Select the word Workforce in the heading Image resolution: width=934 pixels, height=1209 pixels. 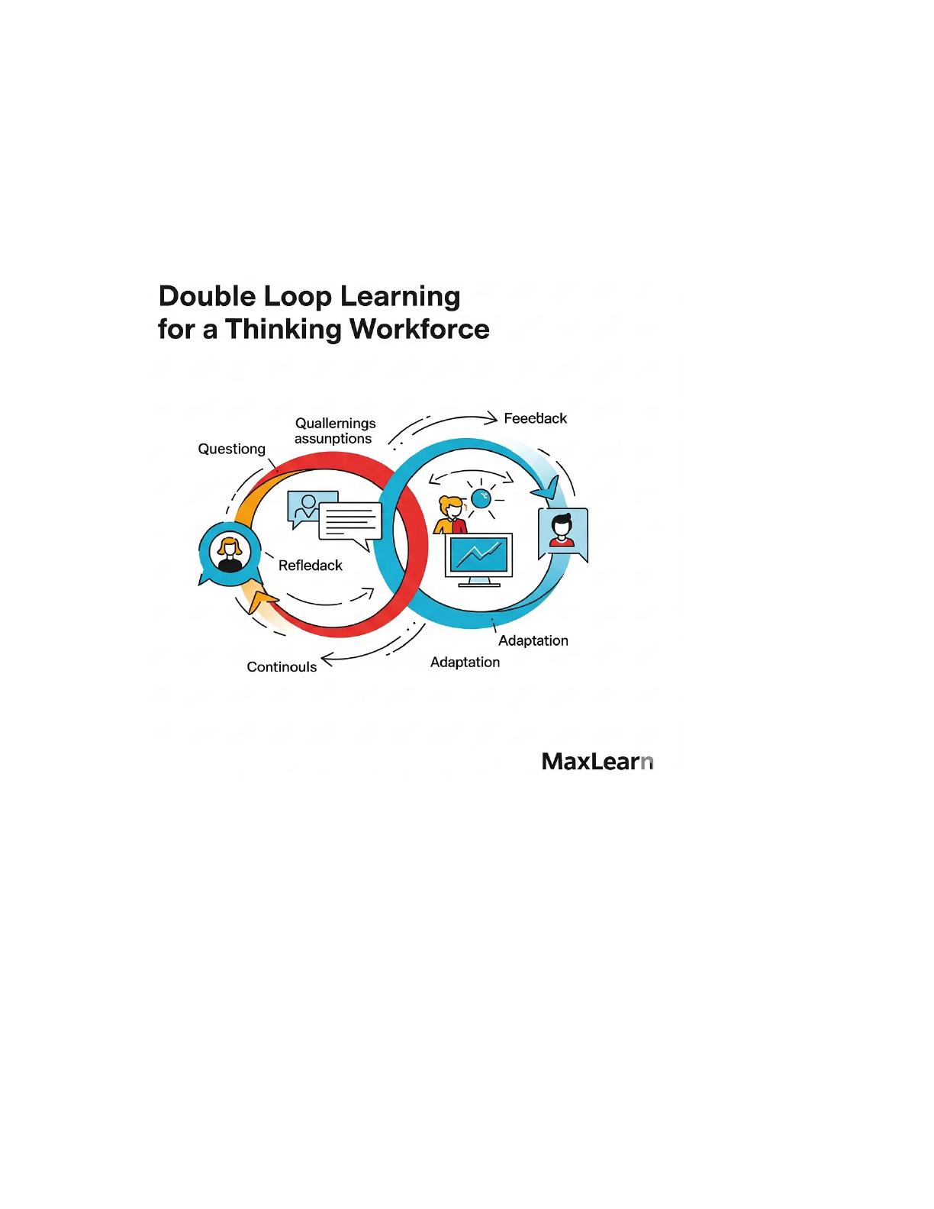[420, 329]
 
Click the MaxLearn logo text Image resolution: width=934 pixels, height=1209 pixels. [597, 762]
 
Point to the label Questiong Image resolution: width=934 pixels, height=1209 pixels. [231, 449]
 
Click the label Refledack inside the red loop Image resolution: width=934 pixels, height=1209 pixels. [311, 566]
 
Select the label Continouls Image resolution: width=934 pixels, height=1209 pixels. [282, 666]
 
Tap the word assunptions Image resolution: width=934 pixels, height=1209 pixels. [333, 439]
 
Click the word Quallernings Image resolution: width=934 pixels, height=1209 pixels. [336, 424]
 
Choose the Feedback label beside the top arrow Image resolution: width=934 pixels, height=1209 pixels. [535, 418]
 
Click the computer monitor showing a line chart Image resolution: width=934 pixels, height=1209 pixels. [478, 559]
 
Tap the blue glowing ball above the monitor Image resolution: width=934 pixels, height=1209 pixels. [481, 498]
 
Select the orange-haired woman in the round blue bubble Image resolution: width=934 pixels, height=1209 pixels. [229, 553]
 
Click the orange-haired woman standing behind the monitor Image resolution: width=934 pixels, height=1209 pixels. [450, 516]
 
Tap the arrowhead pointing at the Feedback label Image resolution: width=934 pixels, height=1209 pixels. [491, 418]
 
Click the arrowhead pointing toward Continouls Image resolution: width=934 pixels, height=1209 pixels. [328, 660]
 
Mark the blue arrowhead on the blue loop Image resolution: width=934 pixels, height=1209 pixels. [546, 488]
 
